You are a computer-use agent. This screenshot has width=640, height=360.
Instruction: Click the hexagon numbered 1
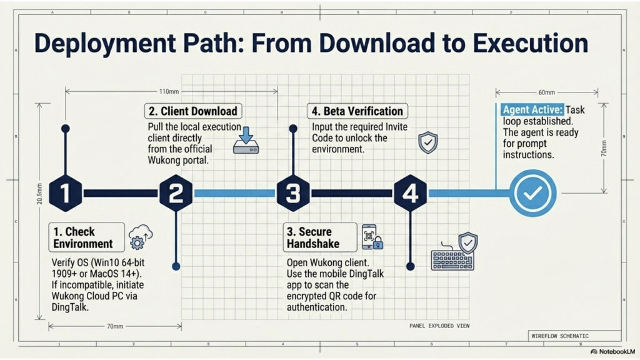coord(66,193)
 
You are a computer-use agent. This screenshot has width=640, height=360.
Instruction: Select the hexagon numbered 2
coord(176,193)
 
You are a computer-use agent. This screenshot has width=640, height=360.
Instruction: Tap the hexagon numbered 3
coord(293,193)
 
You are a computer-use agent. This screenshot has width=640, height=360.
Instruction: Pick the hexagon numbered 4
coord(411,193)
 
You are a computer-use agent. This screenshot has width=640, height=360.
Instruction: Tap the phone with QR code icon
coord(372,237)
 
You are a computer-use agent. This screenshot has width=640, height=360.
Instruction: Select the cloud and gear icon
coord(140,237)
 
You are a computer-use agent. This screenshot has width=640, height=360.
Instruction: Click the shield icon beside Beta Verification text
coord(427,143)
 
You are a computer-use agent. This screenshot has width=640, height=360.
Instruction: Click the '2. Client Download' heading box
coord(193,111)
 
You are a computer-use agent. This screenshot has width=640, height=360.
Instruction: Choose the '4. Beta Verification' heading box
coord(357,111)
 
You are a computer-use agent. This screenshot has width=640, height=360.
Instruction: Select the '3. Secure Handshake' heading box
coord(320,238)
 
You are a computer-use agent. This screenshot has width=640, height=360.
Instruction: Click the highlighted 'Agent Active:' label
coord(532,108)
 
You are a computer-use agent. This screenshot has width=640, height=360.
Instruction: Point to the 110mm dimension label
coord(169,92)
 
